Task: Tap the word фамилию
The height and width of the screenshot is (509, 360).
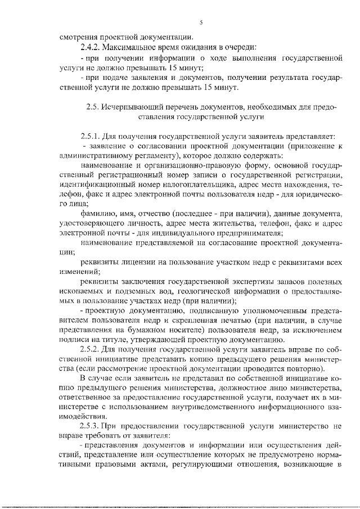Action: pos(97,215)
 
